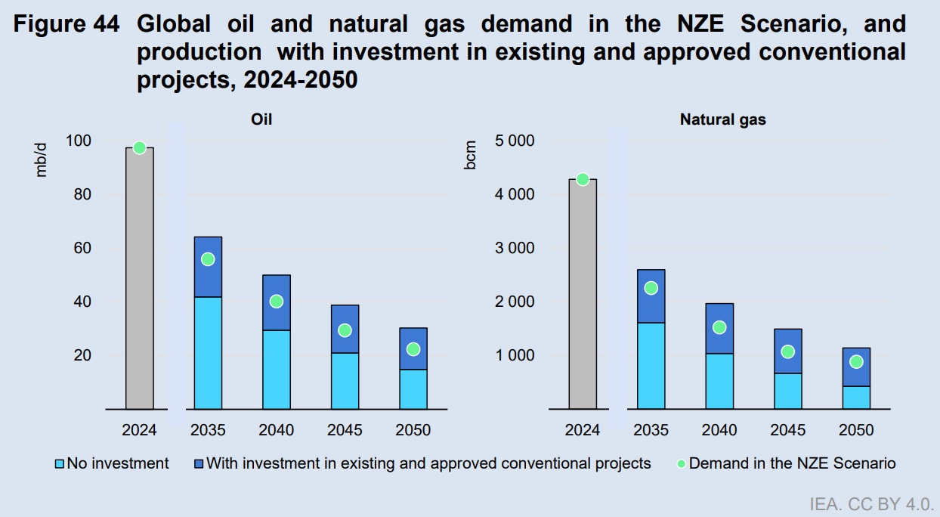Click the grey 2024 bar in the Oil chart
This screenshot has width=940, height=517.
click(139, 280)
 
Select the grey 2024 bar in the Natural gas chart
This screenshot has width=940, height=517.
click(582, 295)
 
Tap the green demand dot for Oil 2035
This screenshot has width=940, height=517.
click(208, 259)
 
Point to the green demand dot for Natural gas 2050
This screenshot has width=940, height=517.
click(856, 362)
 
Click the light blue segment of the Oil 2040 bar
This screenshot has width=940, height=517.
click(277, 370)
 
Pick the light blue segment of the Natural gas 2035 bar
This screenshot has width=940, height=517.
click(651, 366)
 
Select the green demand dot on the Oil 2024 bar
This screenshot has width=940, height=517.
click(139, 148)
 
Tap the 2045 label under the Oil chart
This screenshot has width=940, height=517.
click(345, 431)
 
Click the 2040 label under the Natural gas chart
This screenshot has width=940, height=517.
click(719, 431)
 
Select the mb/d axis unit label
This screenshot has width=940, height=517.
click(42, 159)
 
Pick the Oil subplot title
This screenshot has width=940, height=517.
click(261, 119)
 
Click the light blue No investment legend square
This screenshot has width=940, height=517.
click(60, 463)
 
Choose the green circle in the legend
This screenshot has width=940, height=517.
click(680, 463)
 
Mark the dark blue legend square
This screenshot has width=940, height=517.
click(199, 463)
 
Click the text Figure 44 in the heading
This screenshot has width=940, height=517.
click(67, 25)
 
